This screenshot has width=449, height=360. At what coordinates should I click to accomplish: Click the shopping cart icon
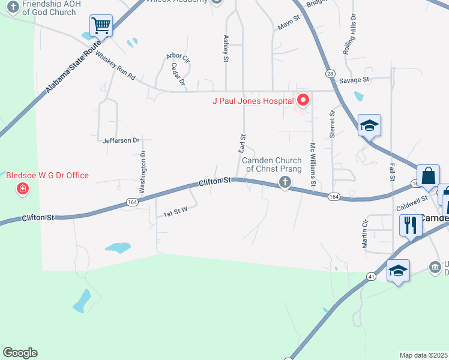click(x=101, y=26)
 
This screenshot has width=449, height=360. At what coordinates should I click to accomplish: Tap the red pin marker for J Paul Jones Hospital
click(x=303, y=100)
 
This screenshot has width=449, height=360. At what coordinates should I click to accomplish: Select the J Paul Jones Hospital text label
click(x=253, y=101)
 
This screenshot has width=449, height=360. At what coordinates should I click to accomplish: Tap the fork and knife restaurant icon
click(x=411, y=226)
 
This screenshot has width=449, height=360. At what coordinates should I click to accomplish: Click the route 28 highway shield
click(x=330, y=73)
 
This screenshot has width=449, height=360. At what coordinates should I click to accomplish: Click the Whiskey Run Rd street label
click(x=115, y=70)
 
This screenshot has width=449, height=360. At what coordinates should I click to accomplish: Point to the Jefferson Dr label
click(x=121, y=140)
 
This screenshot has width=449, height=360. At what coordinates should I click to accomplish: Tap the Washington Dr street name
click(x=143, y=172)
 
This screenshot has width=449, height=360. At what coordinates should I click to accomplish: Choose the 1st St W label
click(x=175, y=212)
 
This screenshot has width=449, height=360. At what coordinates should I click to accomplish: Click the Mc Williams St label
click(x=313, y=163)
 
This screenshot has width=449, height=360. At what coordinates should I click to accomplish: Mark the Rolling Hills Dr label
click(x=349, y=35)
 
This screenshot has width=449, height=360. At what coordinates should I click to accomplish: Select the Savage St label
click(x=354, y=80)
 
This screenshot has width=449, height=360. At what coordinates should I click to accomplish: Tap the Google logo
click(x=20, y=353)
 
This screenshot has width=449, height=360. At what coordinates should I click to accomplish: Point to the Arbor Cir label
click(x=178, y=59)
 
